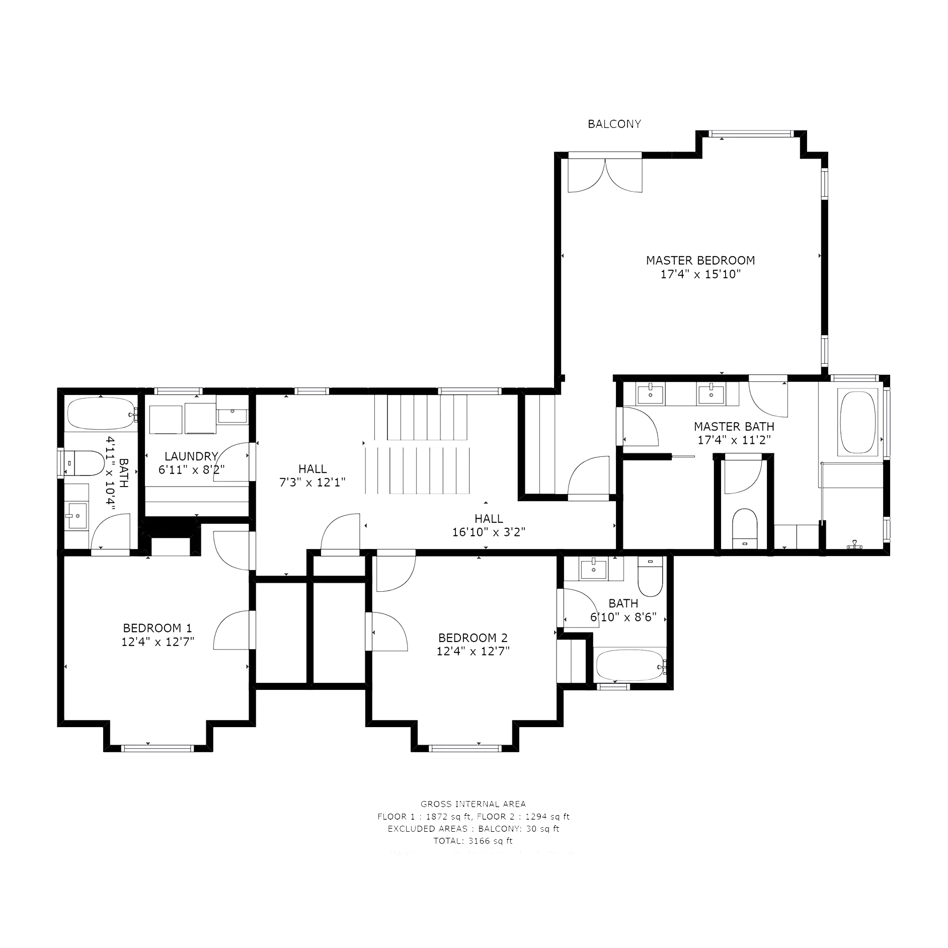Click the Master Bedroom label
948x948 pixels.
[700, 260]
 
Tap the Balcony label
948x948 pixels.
[615, 123]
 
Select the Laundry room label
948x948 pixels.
[191, 456]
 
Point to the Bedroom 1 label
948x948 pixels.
[157, 628]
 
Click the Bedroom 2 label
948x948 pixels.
[473, 638]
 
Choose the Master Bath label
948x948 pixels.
[734, 427]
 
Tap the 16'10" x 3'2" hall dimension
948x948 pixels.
[489, 533]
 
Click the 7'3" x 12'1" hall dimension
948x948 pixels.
[312, 482]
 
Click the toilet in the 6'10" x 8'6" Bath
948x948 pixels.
[650, 579]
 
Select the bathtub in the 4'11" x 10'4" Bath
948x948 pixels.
[101, 413]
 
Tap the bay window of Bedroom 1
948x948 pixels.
[157, 749]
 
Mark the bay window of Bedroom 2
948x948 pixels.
[465, 749]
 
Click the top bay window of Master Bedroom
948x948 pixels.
[750, 134]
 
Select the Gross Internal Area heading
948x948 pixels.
[473, 819]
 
